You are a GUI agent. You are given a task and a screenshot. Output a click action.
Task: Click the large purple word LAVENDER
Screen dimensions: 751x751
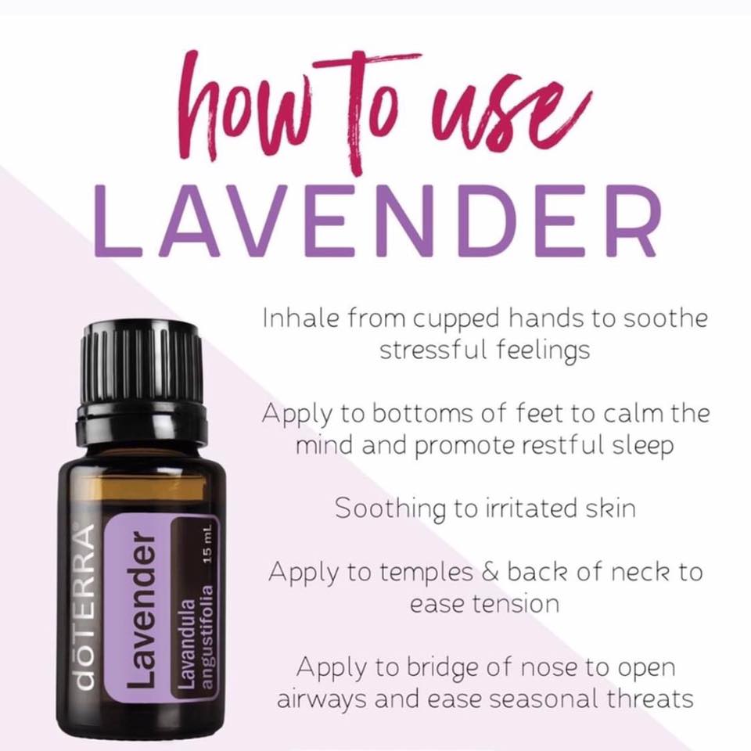377,221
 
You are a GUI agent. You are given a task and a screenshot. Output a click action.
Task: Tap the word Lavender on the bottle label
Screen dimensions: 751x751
142,609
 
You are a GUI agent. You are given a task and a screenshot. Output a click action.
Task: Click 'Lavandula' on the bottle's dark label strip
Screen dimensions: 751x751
187,643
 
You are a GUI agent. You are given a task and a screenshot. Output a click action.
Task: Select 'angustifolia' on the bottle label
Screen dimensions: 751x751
207,637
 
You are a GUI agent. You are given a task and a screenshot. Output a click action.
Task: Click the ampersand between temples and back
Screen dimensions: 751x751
490,572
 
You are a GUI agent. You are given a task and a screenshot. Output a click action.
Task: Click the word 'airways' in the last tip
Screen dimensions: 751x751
323,699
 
